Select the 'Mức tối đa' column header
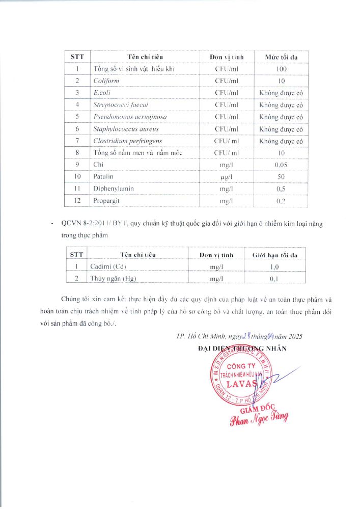tap(281, 56)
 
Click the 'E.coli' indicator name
tap(102, 93)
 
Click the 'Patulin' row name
tap(104, 176)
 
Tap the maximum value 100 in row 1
tap(282, 69)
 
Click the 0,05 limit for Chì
tap(282, 165)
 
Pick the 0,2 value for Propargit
tap(282, 201)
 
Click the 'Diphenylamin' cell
tap(114, 189)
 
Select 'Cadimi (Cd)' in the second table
tap(107, 266)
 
